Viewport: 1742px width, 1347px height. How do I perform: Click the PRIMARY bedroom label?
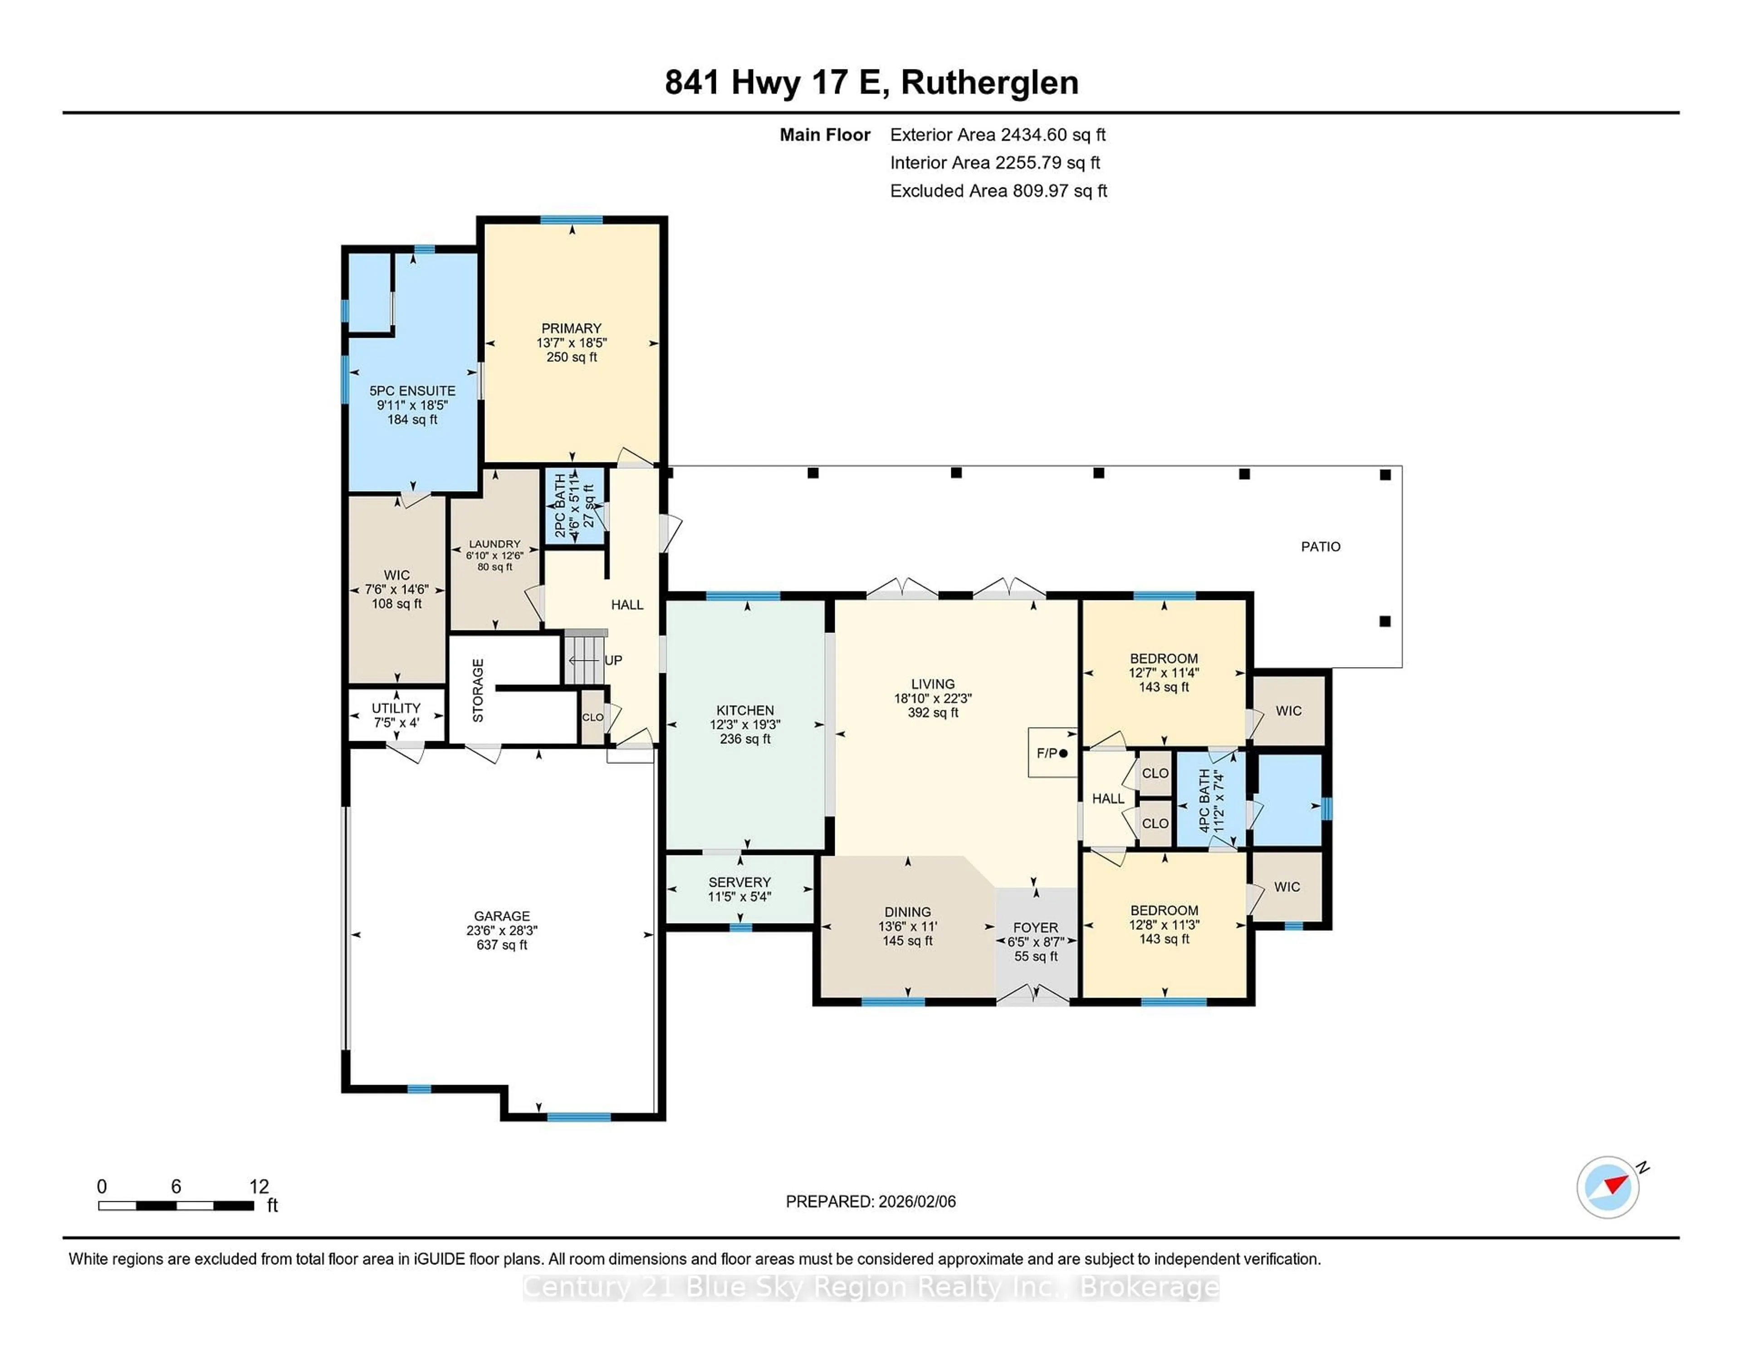[x=571, y=328]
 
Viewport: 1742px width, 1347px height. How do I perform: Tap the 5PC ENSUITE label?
[x=412, y=390]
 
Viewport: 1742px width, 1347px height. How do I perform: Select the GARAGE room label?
[x=502, y=916]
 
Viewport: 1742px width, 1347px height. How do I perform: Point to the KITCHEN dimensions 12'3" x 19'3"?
[x=745, y=725]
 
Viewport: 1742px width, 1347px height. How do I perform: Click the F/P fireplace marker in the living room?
[x=1051, y=752]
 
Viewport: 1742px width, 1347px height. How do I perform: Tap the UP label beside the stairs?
[x=613, y=660]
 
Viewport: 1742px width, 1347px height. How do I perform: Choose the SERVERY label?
[x=739, y=882]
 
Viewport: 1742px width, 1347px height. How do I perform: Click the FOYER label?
[x=1035, y=927]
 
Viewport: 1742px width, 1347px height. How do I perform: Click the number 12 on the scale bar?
[x=259, y=1187]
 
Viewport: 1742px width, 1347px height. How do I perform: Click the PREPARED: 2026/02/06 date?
[x=870, y=1201]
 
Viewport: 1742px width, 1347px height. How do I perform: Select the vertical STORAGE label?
[x=478, y=690]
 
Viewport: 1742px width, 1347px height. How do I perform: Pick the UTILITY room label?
[x=396, y=708]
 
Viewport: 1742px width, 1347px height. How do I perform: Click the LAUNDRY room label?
[x=494, y=543]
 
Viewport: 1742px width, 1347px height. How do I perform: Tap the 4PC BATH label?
[x=1204, y=801]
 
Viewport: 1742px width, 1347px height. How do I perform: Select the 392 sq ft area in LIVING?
[x=932, y=713]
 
